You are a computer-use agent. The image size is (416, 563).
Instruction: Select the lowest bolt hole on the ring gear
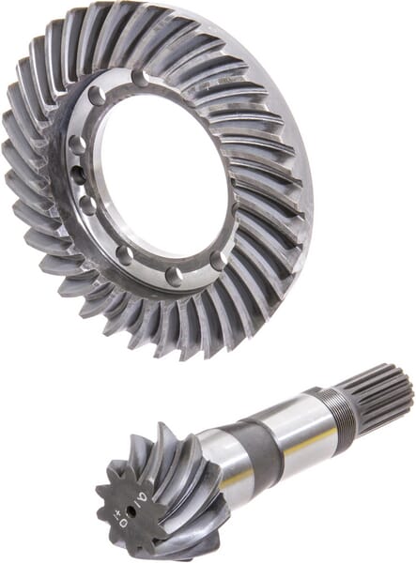(x=174, y=276)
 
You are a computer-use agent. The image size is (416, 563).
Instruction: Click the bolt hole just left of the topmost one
(x=97, y=96)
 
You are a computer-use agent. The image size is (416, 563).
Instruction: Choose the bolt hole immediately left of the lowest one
(x=125, y=255)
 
